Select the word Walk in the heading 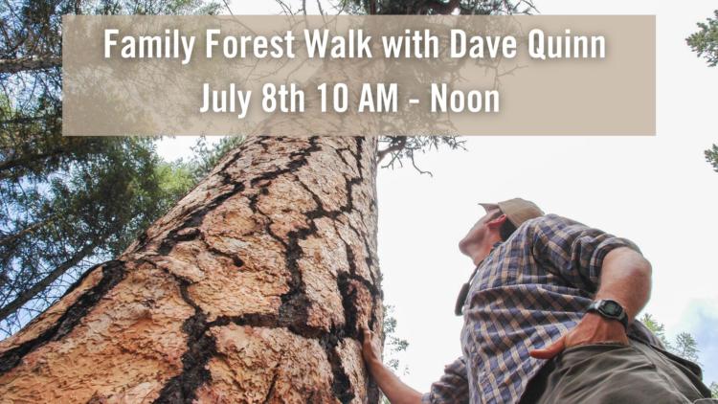point(338,44)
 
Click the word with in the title point(411,44)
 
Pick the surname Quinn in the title point(567,45)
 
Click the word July point(226,100)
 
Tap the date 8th point(283,99)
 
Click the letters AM point(378,99)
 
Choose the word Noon point(464,99)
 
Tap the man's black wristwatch point(608,312)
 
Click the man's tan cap point(515,211)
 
